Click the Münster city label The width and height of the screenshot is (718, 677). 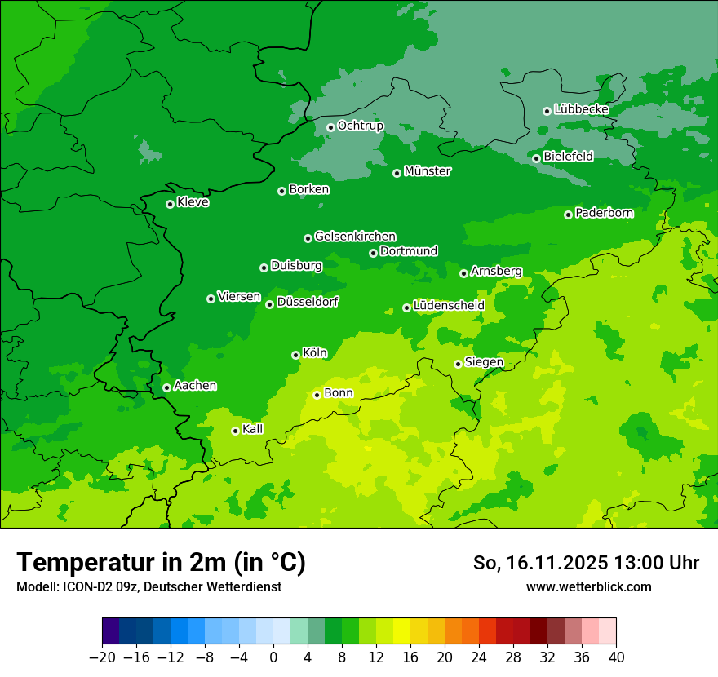[x=428, y=171]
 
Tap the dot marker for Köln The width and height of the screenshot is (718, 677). [x=295, y=355]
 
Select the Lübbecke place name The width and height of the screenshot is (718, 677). [x=581, y=109]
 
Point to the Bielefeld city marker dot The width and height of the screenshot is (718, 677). [x=536, y=158]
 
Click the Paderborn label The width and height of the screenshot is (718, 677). [x=604, y=213]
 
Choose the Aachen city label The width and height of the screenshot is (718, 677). [x=195, y=386]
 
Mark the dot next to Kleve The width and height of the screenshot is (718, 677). [x=170, y=204]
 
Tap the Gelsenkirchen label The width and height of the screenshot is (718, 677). [x=355, y=237]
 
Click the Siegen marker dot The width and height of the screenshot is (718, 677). [x=458, y=364]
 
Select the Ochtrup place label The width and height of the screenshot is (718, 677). [x=360, y=126]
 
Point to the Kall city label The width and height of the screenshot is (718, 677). [x=253, y=429]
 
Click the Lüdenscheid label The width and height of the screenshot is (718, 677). [x=449, y=306]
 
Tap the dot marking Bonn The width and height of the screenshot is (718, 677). [x=317, y=395]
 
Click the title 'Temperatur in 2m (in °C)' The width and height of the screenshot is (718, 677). [x=161, y=563]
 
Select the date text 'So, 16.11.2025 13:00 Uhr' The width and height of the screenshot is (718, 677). [x=586, y=563]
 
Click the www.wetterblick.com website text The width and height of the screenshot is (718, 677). [x=588, y=586]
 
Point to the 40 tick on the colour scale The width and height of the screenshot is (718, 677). [x=616, y=657]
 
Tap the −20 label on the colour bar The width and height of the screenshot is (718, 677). [x=102, y=657]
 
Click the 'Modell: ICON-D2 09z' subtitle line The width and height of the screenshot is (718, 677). [x=148, y=586]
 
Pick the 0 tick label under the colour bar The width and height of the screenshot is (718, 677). [x=273, y=657]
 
